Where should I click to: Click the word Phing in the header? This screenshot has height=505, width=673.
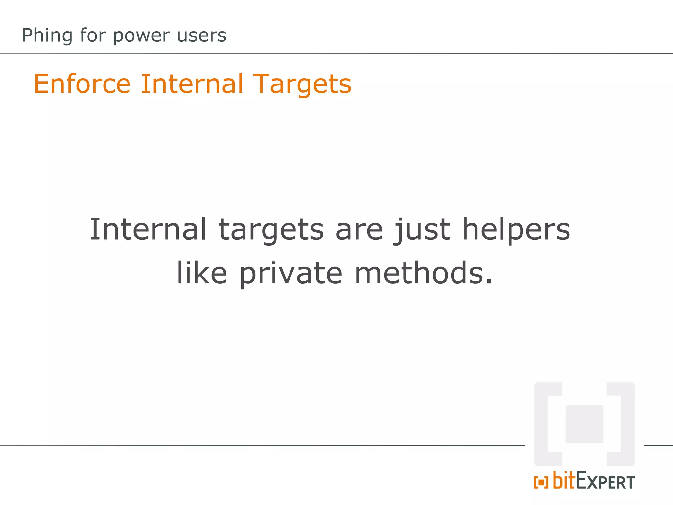[47, 36]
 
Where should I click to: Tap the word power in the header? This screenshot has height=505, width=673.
[141, 36]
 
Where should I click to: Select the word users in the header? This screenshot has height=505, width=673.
[201, 36]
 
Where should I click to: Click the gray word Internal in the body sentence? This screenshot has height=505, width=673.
[148, 229]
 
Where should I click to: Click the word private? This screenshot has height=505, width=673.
[291, 274]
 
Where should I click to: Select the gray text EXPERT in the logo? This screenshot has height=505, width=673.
[605, 482]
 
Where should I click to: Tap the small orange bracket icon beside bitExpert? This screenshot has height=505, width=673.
[541, 482]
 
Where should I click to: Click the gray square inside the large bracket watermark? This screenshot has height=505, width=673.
[584, 424]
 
